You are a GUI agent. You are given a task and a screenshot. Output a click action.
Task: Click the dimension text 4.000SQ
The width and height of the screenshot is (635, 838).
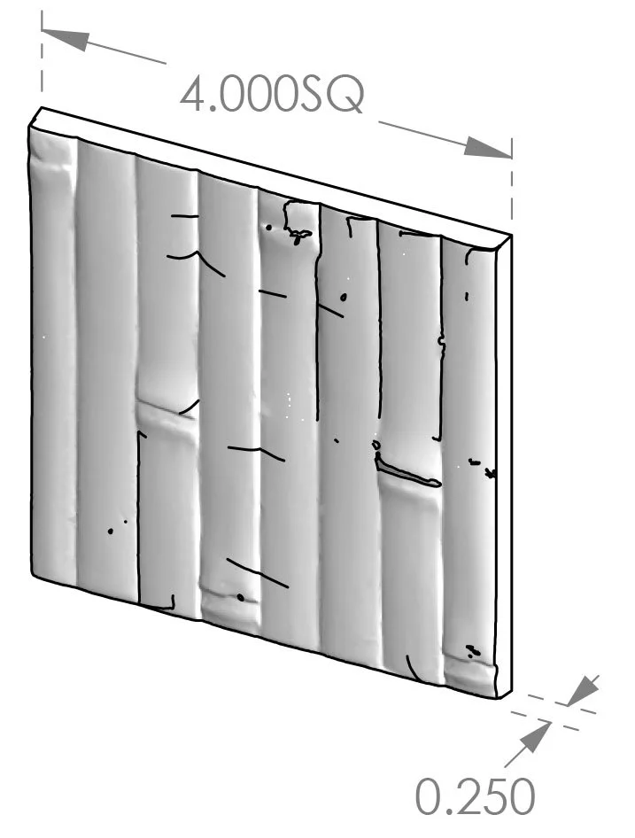pos(272,95)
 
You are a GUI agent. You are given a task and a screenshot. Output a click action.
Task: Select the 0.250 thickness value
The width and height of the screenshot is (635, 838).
pos(476,798)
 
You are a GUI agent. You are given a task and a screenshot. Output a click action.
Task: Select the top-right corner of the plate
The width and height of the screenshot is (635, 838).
pos(513,236)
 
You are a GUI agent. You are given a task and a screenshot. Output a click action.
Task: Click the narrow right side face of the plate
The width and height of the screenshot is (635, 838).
pos(504,461)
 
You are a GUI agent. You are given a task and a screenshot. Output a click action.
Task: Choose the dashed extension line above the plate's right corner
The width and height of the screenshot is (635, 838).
pos(513,190)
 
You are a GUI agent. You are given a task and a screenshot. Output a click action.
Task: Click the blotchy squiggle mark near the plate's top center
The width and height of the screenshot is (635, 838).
pos(296,233)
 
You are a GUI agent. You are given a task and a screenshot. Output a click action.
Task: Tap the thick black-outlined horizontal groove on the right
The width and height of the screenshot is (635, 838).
pos(407,474)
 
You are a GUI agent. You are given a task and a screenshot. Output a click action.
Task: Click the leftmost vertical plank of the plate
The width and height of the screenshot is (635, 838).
pos(53,354)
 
